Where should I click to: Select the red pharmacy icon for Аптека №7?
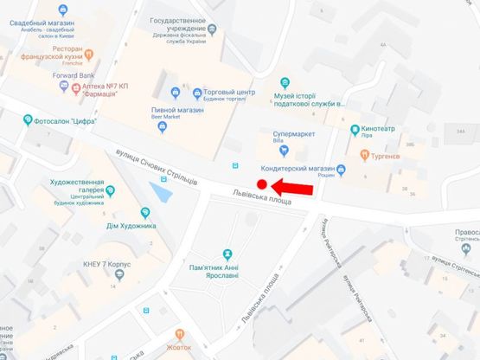tap(76, 87)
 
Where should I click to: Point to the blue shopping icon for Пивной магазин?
tap(163, 126)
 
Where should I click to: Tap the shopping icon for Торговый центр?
tap(196, 91)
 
